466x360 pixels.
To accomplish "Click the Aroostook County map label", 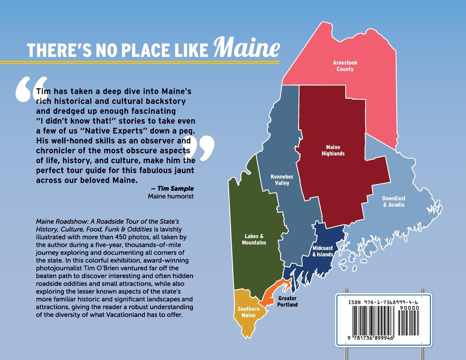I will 345,66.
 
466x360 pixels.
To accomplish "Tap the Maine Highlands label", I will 333,150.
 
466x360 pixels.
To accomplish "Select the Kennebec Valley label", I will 282,180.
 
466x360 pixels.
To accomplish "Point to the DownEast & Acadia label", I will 394,201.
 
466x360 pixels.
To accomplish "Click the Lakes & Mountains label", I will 254,239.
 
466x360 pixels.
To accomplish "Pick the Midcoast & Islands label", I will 323,251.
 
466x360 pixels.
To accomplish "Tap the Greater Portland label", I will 287,301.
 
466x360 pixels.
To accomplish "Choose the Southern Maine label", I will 248,312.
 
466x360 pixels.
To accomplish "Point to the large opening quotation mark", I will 31,90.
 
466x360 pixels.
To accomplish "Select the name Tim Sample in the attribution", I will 175,189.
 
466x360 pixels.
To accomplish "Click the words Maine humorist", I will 171,196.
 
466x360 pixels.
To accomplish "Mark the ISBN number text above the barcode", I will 383,302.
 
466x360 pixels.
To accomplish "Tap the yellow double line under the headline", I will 140,62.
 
